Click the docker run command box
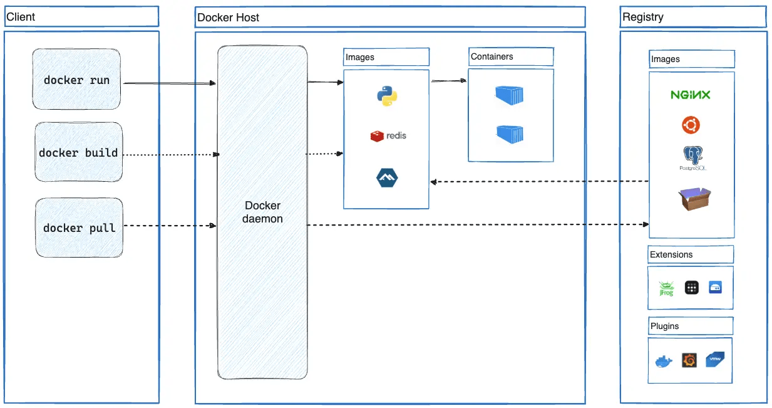coord(76,80)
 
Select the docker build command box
coord(78,153)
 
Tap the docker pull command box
coord(79,228)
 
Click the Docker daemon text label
coord(262,212)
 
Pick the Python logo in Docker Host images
coord(386,96)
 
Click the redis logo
coord(388,135)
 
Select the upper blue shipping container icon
coord(509,95)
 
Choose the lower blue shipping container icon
coord(509,134)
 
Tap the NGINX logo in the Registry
coord(691,95)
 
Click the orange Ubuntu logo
coord(691,125)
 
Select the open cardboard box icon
coord(694,199)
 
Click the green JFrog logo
coord(666,288)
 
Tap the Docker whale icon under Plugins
coord(664,361)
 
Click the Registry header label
coord(642,17)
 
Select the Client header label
coord(21,16)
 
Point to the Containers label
coord(492,56)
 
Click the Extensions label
coord(671,254)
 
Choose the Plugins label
coord(664,326)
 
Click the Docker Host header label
coord(228,18)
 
